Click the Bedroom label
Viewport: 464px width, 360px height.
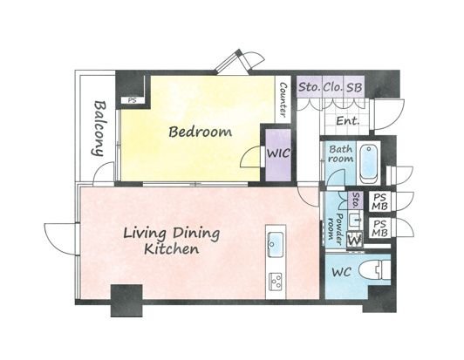point(200,132)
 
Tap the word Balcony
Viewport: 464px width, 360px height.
point(99,129)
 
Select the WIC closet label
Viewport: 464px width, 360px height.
point(278,153)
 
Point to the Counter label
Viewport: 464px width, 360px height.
point(283,99)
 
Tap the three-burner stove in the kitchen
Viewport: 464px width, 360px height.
point(276,282)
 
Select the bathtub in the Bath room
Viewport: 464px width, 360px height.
point(369,164)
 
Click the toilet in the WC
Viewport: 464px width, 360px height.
point(374,269)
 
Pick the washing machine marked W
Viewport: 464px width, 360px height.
point(355,240)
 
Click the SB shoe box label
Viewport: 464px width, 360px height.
point(354,87)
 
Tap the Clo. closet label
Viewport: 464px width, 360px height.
point(333,87)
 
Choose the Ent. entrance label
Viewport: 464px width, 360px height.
point(348,120)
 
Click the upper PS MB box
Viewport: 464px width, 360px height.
point(379,201)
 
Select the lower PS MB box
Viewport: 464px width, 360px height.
point(379,228)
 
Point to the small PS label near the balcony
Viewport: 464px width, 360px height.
point(133,100)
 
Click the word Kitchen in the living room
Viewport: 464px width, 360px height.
point(171,249)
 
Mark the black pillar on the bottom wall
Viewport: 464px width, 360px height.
point(126,301)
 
